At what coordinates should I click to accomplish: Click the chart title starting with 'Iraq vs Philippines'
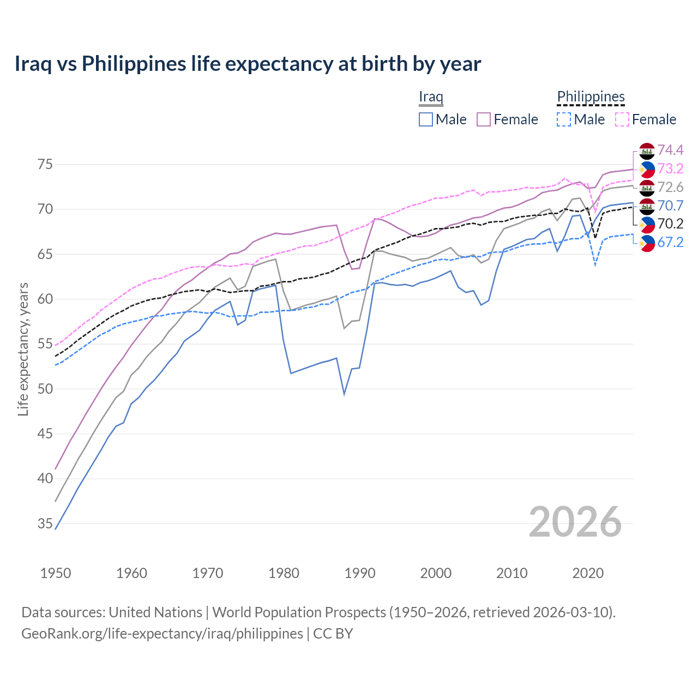tap(248, 64)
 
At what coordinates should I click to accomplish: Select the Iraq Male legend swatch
tap(426, 119)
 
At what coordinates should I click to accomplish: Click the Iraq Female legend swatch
tap(484, 119)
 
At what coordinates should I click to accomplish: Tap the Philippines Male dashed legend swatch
tap(564, 119)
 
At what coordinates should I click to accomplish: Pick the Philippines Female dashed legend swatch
tap(622, 119)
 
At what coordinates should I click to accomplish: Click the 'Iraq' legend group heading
tap(431, 97)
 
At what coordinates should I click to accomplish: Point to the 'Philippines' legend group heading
tap(591, 97)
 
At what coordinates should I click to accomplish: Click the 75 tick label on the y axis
tap(45, 165)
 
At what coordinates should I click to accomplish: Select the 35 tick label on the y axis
tap(45, 524)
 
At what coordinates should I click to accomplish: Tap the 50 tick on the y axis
tap(45, 389)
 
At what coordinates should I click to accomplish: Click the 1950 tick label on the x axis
tap(56, 573)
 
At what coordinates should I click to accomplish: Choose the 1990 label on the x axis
tap(360, 573)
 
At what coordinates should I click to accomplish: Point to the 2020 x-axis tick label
tap(588, 573)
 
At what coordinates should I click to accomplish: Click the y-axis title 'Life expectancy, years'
tap(23, 349)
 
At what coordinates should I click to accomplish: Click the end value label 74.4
tap(670, 150)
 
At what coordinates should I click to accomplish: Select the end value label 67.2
tap(670, 243)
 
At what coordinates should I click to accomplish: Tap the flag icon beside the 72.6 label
tap(647, 188)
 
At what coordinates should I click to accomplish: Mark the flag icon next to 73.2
tap(647, 169)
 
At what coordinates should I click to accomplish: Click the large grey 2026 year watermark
tap(575, 522)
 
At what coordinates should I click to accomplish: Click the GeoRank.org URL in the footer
tap(162, 634)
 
